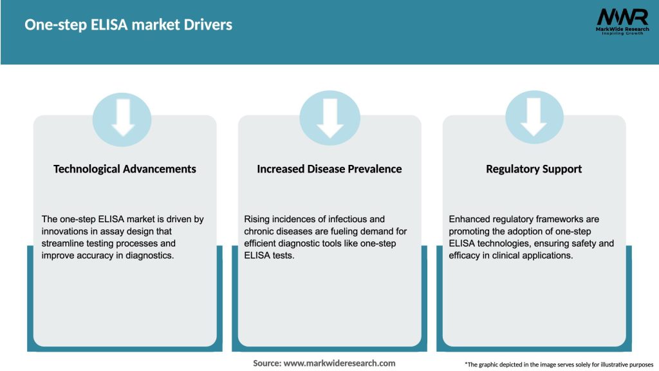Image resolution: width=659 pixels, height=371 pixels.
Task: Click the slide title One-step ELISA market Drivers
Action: [x=128, y=25]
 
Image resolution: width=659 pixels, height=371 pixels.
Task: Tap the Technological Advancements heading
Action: [x=125, y=169]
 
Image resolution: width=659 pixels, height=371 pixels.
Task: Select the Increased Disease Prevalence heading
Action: [x=329, y=169]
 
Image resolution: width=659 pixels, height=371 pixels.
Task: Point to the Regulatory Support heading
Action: [x=534, y=169]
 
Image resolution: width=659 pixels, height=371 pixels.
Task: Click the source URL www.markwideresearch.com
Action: [x=339, y=363]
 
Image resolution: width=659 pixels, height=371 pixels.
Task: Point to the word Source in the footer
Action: [x=266, y=363]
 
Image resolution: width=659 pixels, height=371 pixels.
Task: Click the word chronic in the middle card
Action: [x=260, y=231]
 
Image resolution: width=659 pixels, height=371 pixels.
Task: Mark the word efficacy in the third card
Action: [x=465, y=256]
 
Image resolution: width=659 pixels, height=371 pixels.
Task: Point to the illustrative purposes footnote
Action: [x=559, y=365]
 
